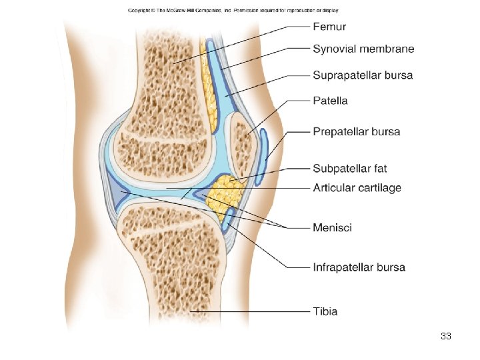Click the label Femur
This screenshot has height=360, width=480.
pos(329,27)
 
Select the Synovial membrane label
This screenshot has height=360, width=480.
pos(363,49)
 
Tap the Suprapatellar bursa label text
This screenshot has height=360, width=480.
pos(363,75)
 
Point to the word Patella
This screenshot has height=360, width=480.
pos(330,101)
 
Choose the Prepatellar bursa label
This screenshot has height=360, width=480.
pos(357,131)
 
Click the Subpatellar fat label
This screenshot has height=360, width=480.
pos(349,169)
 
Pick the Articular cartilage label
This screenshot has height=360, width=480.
pos(357,188)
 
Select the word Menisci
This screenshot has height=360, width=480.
pos(332,228)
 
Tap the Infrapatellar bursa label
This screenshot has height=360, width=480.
pos(359,267)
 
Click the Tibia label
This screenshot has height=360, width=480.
pos(325,311)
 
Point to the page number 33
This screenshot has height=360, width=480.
pos(446,336)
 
